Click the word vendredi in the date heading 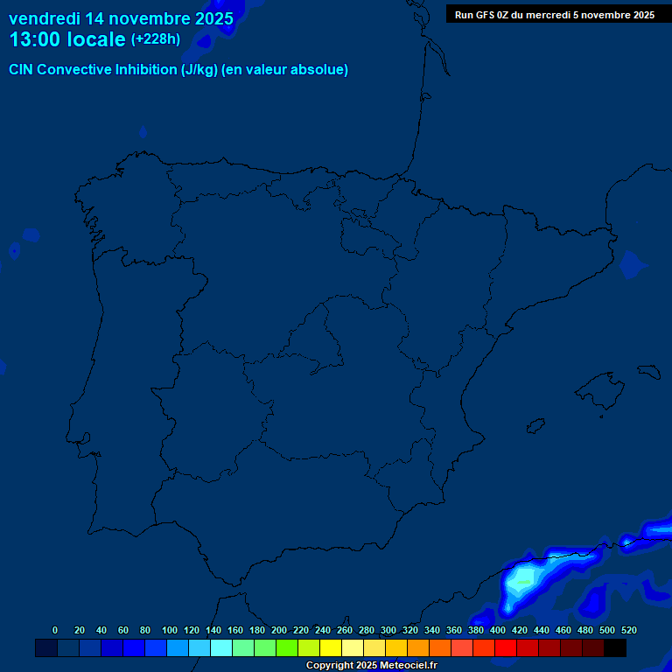tap(44, 18)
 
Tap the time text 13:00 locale tap(66, 39)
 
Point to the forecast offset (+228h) tap(156, 39)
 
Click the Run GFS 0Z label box tap(555, 15)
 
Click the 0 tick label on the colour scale tap(55, 630)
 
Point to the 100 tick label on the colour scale tap(169, 630)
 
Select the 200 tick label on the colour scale tap(279, 630)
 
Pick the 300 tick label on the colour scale tap(388, 630)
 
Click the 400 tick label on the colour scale tap(498, 630)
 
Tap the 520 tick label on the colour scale tap(629, 630)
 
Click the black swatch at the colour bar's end tap(615, 647)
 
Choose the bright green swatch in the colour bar tap(287, 647)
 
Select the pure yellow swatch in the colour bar tap(331, 647)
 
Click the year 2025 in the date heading tap(213, 18)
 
